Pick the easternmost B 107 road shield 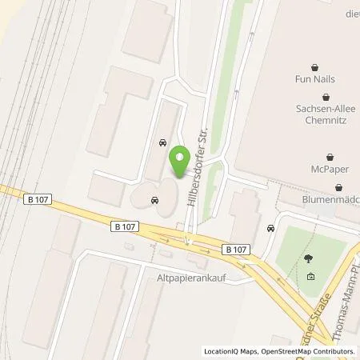pos(235,250)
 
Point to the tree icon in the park pos(309,258)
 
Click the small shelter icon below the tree pos(310,277)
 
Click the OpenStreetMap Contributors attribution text pos(309,352)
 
